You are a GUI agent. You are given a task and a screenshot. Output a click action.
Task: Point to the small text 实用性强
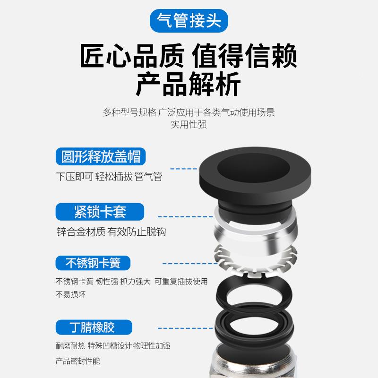click(x=189, y=125)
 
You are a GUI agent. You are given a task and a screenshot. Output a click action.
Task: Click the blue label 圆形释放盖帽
click(x=101, y=156)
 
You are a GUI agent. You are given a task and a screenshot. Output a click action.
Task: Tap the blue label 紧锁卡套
click(x=100, y=211)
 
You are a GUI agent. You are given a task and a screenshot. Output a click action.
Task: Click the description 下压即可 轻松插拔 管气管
click(x=109, y=177)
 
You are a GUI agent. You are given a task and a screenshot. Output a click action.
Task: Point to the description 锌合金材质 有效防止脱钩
click(x=111, y=232)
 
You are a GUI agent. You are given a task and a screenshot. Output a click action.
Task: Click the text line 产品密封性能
click(x=78, y=361)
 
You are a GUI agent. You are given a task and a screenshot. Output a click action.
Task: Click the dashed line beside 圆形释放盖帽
click(x=184, y=168)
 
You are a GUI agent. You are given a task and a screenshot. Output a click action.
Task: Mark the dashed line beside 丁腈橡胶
click(x=180, y=327)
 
